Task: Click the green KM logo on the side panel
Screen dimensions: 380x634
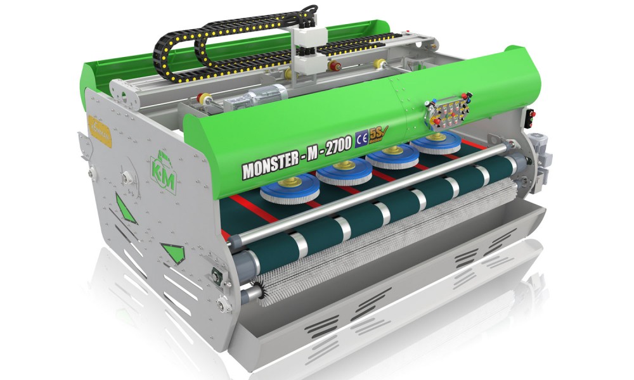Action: tap(164, 169)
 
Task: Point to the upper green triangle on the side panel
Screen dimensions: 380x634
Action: tap(126, 208)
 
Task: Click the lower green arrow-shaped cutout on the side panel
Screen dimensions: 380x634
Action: tap(172, 251)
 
